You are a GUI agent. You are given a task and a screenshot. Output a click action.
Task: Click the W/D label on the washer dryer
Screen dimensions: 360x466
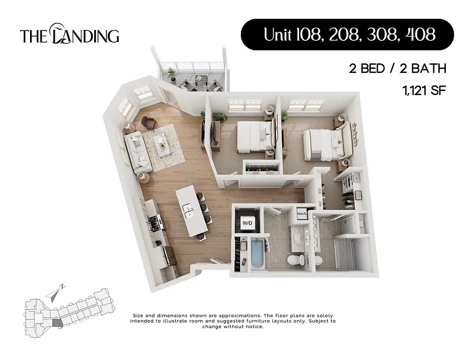point(247,224)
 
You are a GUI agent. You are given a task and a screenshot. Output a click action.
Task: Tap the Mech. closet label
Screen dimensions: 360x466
point(302,215)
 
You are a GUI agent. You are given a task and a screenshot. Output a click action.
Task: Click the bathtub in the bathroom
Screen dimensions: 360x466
point(258,253)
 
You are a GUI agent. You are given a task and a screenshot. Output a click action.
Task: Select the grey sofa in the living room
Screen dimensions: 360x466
point(138,151)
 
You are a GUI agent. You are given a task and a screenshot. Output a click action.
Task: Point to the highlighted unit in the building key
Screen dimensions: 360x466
point(56,322)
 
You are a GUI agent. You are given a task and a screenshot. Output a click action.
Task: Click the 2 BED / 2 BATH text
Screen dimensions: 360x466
point(397,68)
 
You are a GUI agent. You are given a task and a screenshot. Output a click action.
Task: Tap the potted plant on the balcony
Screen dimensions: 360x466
point(172,73)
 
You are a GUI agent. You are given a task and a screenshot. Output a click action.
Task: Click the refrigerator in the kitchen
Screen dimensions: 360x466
point(169,255)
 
